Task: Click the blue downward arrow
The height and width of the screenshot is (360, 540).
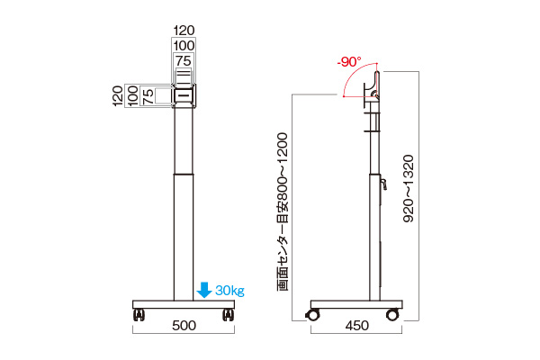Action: click(x=204, y=290)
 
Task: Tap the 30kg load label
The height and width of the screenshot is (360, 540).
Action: click(x=230, y=291)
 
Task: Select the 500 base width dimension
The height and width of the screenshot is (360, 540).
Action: click(x=184, y=326)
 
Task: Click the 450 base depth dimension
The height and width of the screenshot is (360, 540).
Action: click(x=356, y=326)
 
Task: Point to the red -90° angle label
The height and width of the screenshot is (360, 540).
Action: click(x=349, y=62)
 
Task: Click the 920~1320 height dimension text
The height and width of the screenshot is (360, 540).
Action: click(x=409, y=188)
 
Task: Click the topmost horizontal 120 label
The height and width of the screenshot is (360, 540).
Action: click(x=184, y=31)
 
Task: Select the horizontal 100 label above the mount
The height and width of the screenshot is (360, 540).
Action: click(x=184, y=46)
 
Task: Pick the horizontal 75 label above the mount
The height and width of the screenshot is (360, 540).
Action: click(x=184, y=61)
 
